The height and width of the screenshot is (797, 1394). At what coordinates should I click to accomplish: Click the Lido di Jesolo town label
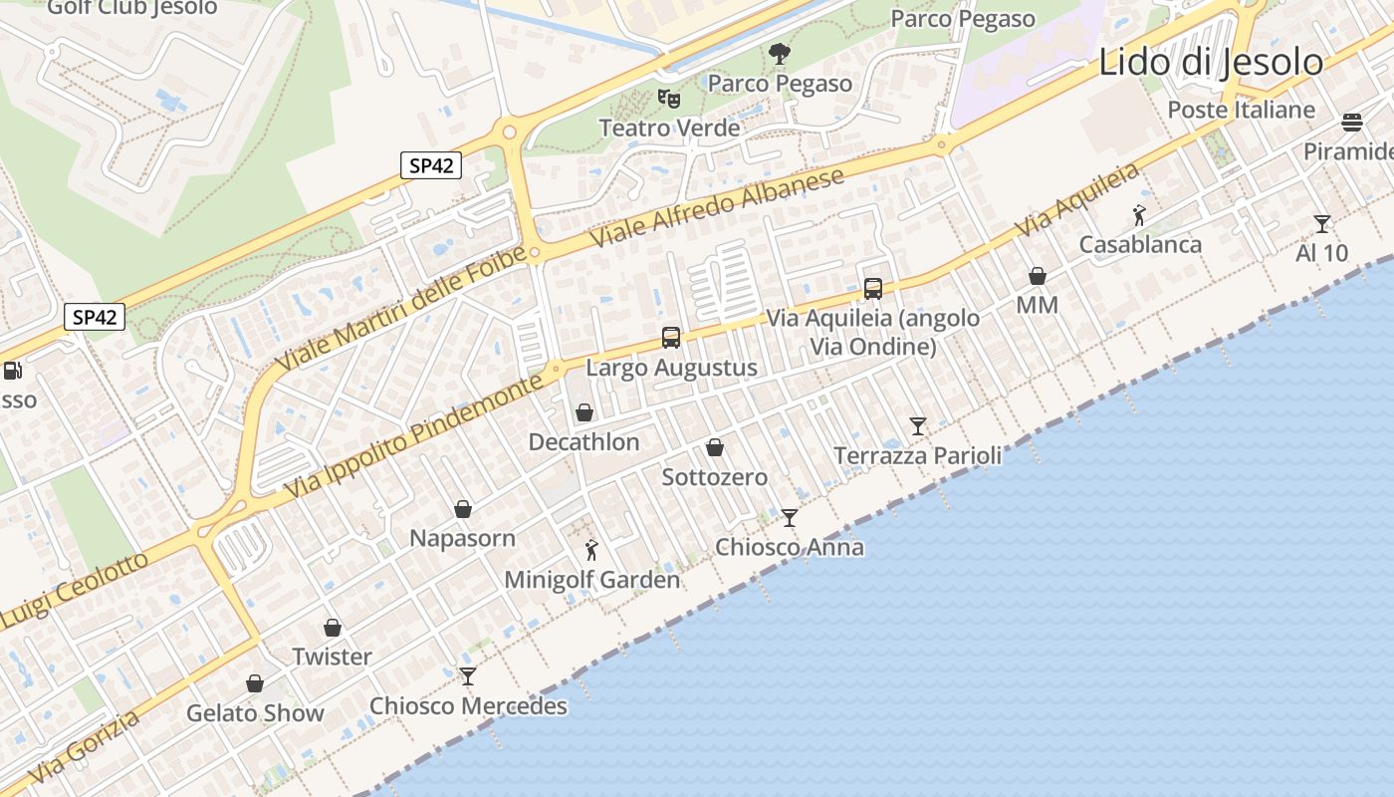[x=1211, y=62]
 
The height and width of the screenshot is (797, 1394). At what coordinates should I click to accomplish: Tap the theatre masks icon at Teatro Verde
[x=668, y=98]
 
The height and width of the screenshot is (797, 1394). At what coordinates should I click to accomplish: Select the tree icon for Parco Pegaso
[x=780, y=53]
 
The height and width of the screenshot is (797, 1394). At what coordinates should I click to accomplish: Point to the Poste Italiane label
[x=1241, y=110]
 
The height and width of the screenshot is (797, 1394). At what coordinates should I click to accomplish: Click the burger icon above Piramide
[x=1351, y=123]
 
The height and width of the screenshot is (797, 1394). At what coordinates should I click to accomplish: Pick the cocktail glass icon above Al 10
[x=1321, y=224]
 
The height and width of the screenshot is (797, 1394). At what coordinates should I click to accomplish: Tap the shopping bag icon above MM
[x=1038, y=276]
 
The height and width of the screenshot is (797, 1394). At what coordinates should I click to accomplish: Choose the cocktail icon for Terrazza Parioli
[x=918, y=426]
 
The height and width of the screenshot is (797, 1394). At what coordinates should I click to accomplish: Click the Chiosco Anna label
[x=790, y=547]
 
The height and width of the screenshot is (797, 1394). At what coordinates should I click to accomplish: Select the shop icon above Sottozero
[x=715, y=447]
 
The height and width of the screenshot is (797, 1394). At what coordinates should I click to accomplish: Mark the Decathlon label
[x=583, y=441]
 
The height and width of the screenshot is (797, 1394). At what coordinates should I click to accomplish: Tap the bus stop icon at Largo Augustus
[x=671, y=338]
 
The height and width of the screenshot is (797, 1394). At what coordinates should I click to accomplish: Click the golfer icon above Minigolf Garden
[x=591, y=549]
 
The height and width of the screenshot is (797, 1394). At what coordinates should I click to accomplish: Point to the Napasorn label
[x=463, y=539]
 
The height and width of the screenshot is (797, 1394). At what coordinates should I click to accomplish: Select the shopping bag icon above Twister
[x=333, y=628]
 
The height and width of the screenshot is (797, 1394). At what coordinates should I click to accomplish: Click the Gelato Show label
[x=255, y=713]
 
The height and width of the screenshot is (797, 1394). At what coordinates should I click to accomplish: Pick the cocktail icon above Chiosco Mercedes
[x=468, y=676]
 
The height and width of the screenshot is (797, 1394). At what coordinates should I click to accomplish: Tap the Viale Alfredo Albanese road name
[x=717, y=207]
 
